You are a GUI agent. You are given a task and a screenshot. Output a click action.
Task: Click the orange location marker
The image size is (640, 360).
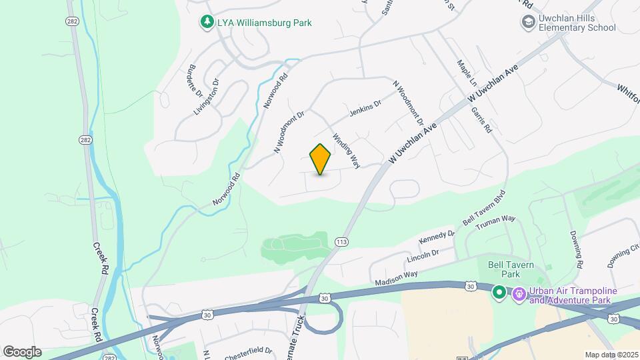point(320,159)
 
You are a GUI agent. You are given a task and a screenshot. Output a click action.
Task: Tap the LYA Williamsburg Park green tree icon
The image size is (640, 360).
point(207,23)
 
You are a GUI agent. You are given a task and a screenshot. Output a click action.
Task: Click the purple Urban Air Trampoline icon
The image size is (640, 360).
point(519,293)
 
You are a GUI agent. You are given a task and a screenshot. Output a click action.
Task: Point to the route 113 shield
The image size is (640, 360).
point(342,241)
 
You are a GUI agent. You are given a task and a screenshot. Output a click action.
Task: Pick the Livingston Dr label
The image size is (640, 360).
point(207,97)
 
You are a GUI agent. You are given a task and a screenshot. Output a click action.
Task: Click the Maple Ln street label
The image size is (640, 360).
point(467,73)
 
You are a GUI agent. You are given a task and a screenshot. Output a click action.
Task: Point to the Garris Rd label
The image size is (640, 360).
point(481,119)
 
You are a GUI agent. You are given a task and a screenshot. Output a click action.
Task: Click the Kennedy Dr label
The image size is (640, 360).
point(436,237)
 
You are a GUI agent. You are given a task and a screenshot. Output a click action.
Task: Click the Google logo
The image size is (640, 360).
point(22,351)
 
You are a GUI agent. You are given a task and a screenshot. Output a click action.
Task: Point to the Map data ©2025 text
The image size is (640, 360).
point(611,355)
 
